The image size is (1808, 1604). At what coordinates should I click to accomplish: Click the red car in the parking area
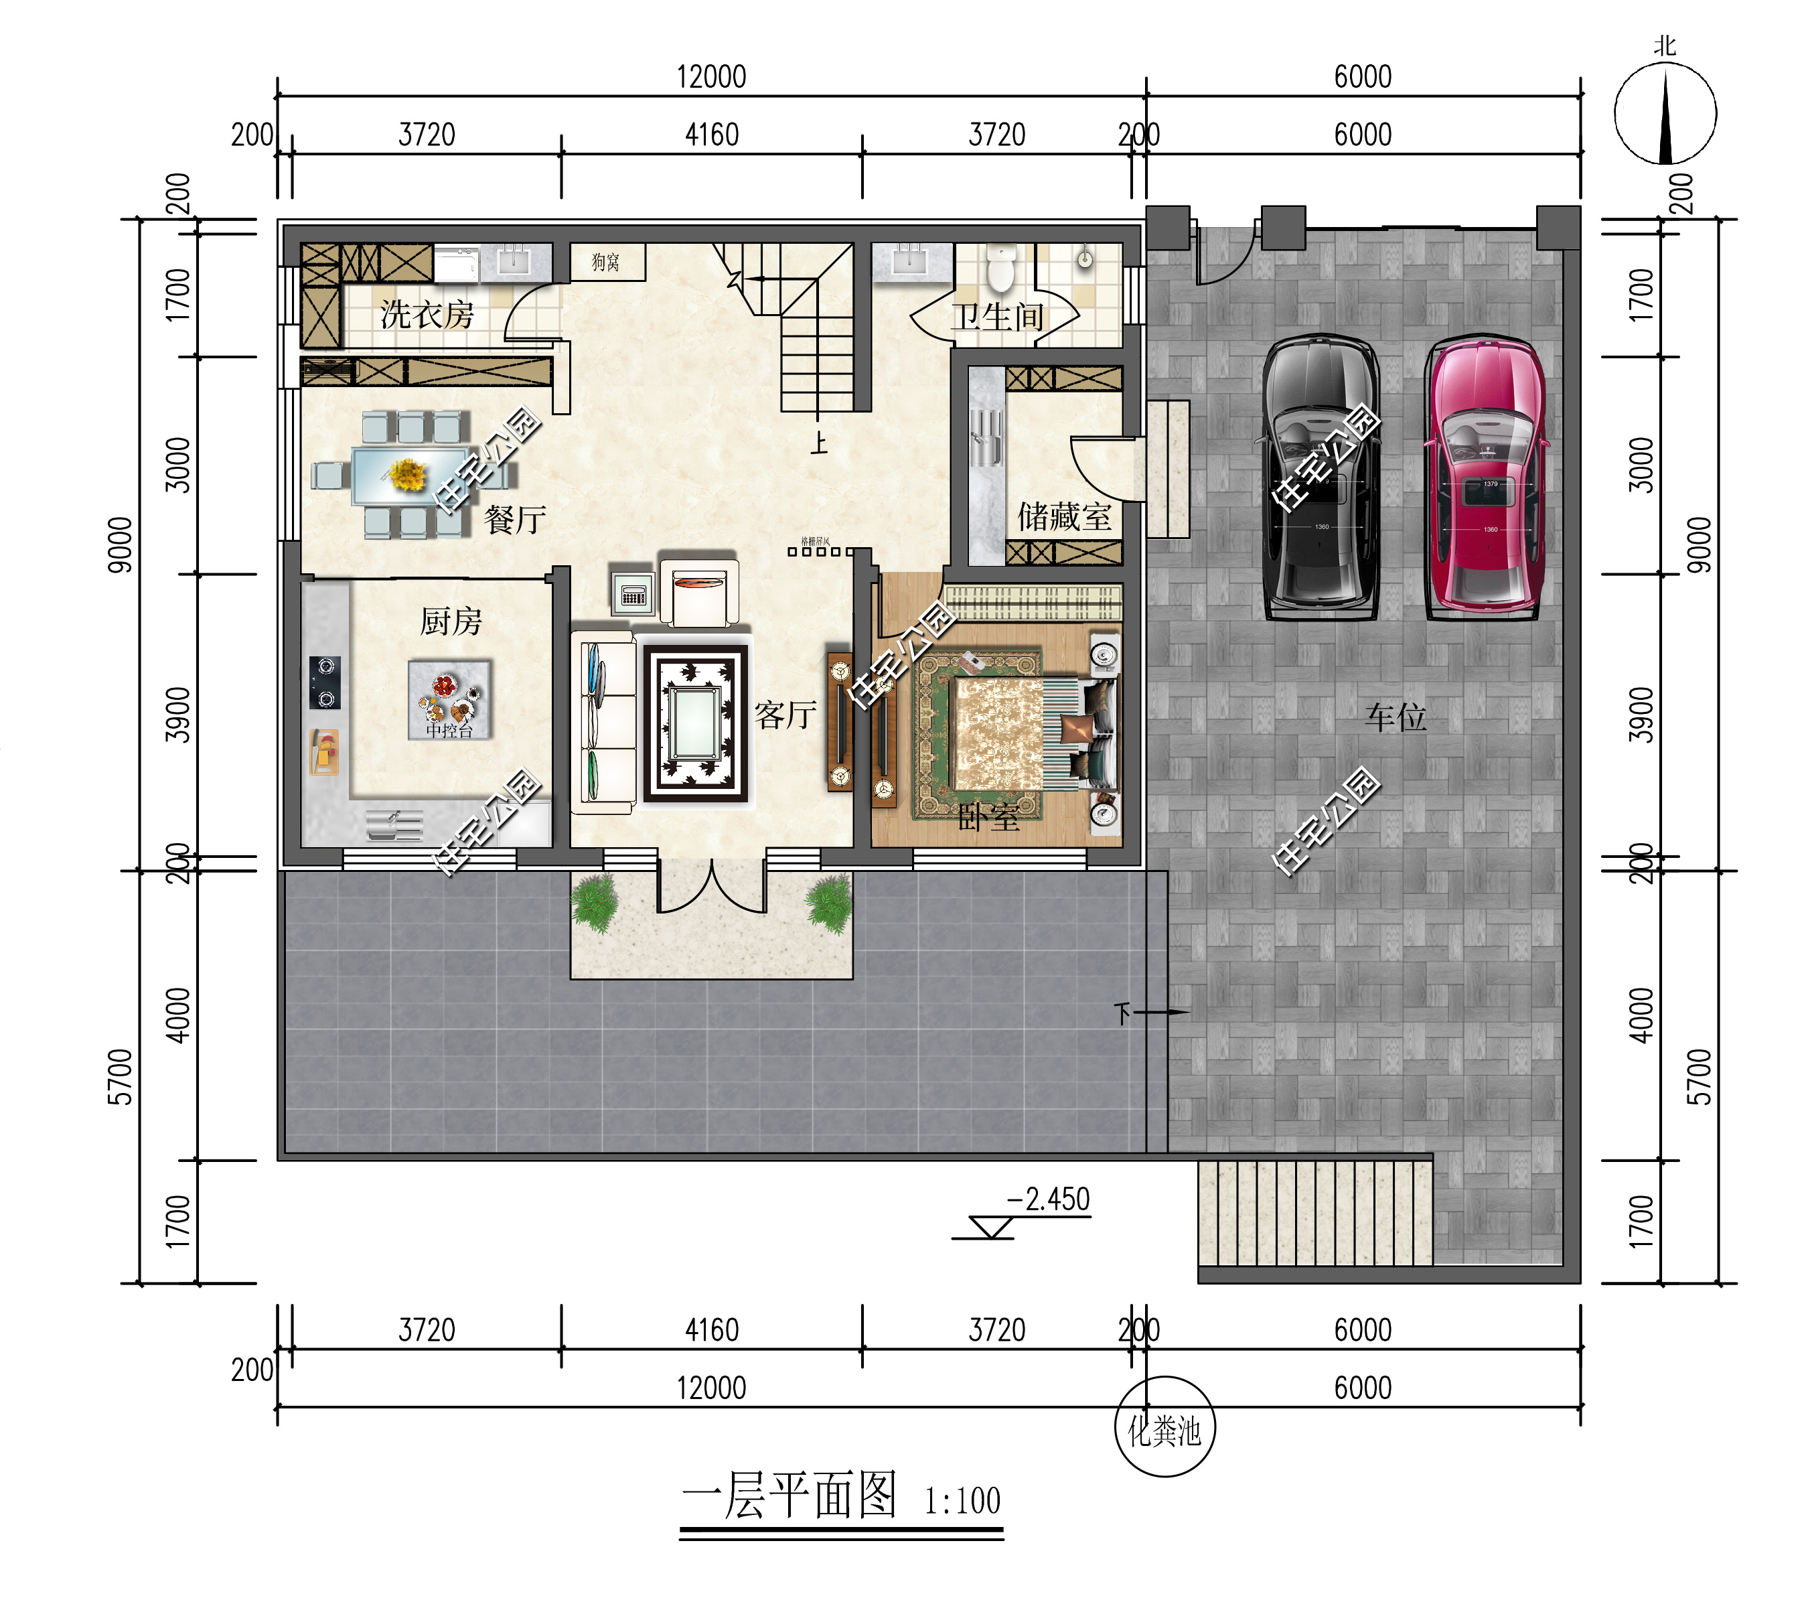(x=1485, y=478)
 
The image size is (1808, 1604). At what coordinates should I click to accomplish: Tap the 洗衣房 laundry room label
(x=427, y=314)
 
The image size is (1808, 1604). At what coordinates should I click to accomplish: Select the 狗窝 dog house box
(x=607, y=262)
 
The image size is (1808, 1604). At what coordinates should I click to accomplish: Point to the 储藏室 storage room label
(x=1063, y=516)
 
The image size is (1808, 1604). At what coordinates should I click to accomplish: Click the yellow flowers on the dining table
(x=407, y=474)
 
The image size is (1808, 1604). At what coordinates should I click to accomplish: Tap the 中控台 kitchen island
(x=449, y=699)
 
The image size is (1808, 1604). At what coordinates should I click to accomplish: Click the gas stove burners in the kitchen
(x=325, y=682)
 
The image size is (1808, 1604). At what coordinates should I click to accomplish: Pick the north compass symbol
(x=1665, y=113)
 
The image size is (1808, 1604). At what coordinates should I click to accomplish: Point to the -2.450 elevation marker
(x=1048, y=1201)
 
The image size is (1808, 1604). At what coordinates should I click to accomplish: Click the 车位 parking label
(x=1395, y=717)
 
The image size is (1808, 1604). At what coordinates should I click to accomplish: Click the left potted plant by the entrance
(x=595, y=902)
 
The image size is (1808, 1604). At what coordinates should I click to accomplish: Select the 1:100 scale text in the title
(x=962, y=1502)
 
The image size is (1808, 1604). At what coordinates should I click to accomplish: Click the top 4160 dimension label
(x=711, y=135)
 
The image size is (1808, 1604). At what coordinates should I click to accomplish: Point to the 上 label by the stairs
(x=819, y=443)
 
